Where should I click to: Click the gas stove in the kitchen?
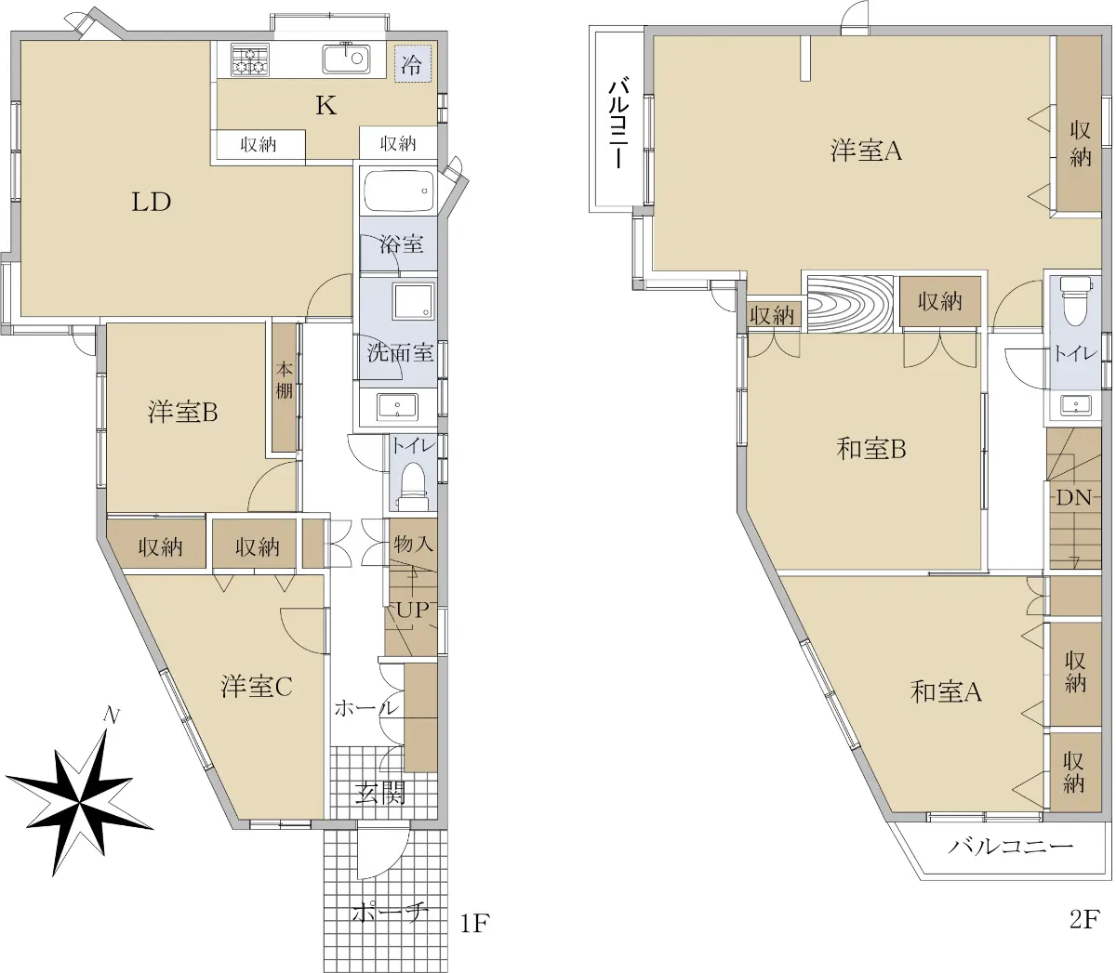250,60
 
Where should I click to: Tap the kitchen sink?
346,59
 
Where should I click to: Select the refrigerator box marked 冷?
413,63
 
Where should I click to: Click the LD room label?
151,203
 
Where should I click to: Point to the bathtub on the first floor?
398,191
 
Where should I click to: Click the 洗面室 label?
400,353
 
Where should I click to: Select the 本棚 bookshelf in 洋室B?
285,388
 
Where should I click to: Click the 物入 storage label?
413,544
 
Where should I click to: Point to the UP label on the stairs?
412,610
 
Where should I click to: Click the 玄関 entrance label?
380,795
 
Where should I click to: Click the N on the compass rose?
112,716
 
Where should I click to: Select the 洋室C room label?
257,687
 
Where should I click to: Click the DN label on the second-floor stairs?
1073,497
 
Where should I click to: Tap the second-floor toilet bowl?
1075,300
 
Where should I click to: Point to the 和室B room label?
871,449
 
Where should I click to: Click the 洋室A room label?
866,151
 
